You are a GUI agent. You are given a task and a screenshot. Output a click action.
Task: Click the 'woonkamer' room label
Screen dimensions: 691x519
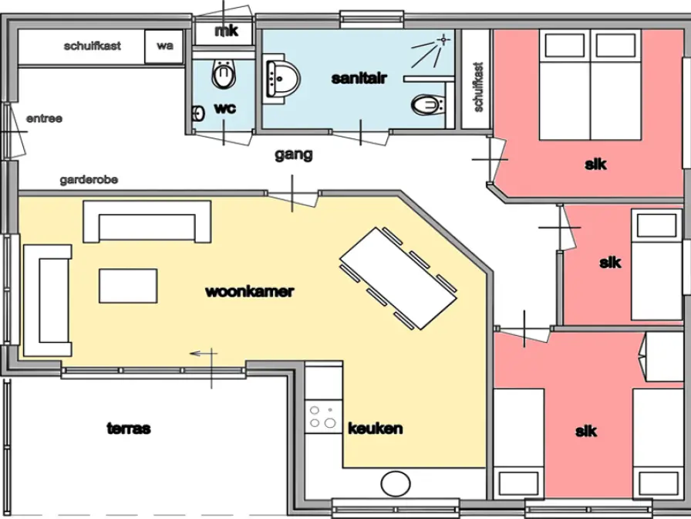(x=249, y=292)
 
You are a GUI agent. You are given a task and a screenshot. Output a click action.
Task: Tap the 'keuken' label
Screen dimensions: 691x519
(x=376, y=429)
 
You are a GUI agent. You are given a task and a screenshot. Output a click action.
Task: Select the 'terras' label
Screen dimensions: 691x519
(x=129, y=429)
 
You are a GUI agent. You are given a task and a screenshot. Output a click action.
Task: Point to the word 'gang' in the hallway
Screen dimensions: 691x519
(x=294, y=155)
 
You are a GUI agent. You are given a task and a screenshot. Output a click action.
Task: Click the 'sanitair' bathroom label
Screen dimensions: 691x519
(x=359, y=79)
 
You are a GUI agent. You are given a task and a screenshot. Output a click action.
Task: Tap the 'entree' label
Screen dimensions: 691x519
(x=44, y=119)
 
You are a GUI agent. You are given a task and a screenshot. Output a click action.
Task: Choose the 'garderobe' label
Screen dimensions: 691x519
(x=89, y=180)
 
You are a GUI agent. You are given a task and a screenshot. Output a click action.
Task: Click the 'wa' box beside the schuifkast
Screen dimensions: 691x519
(x=164, y=46)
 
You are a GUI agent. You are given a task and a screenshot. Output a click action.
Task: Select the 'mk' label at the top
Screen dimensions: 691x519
(x=227, y=31)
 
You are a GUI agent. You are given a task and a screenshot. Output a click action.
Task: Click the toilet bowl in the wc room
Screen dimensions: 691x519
(x=224, y=73)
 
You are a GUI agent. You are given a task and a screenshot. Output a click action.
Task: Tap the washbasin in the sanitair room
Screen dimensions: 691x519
(x=282, y=79)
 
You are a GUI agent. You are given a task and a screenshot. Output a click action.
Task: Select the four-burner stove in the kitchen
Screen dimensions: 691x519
(x=323, y=416)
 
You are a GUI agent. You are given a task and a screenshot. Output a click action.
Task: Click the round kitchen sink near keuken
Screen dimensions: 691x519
(x=396, y=483)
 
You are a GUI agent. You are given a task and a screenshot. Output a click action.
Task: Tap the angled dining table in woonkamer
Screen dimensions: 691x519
(x=399, y=279)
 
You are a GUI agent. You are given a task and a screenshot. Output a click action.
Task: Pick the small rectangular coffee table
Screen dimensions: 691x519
(x=128, y=286)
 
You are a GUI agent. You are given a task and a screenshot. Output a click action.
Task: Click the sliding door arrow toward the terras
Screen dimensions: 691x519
(x=203, y=353)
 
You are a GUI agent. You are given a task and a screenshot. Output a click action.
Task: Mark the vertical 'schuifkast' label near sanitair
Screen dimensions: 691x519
(x=479, y=87)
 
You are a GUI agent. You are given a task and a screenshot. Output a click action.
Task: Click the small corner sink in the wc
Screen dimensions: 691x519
(x=198, y=114)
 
